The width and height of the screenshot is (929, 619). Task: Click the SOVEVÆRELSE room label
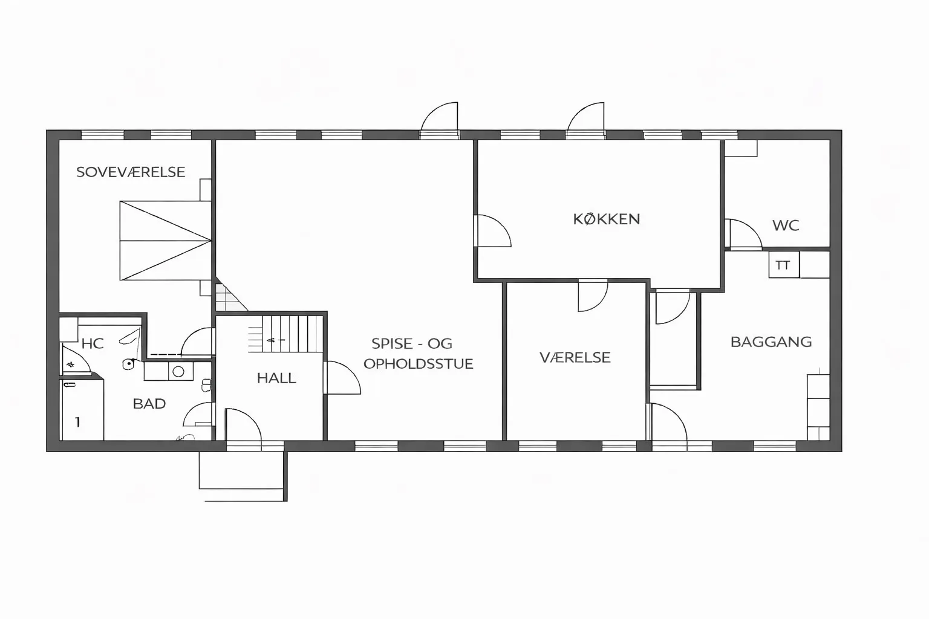pyautogui.click(x=131, y=172)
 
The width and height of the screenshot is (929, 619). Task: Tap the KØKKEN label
pyautogui.click(x=607, y=219)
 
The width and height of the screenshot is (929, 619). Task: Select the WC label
pyautogui.click(x=786, y=225)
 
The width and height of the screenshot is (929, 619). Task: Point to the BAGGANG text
pyautogui.click(x=771, y=342)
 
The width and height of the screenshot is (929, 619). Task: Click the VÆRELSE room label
pyautogui.click(x=575, y=357)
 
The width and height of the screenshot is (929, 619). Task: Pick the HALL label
pyautogui.click(x=276, y=378)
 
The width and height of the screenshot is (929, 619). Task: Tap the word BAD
pyautogui.click(x=149, y=404)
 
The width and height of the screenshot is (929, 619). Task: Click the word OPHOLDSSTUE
pyautogui.click(x=418, y=364)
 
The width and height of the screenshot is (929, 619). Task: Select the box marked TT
pyautogui.click(x=784, y=265)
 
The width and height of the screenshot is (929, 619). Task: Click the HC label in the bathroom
pyautogui.click(x=93, y=344)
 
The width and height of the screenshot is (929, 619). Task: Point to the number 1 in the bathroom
pyautogui.click(x=77, y=422)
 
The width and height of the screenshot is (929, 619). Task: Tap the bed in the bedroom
pyautogui.click(x=166, y=241)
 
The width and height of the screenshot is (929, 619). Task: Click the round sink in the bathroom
pyautogui.click(x=178, y=372)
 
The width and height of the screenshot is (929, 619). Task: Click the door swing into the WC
pyautogui.click(x=743, y=235)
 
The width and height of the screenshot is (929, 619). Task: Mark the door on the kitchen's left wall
pyautogui.click(x=493, y=231)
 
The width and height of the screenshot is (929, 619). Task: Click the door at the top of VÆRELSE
pyautogui.click(x=593, y=296)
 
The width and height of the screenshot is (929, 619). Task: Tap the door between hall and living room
pyautogui.click(x=342, y=377)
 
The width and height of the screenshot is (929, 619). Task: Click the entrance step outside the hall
pyautogui.click(x=241, y=470)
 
